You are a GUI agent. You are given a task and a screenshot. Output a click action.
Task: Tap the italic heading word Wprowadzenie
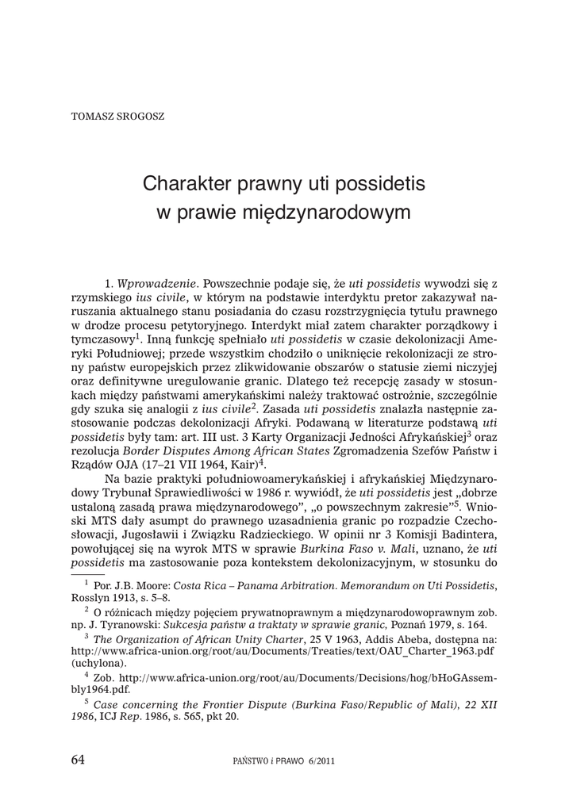click(x=154, y=283)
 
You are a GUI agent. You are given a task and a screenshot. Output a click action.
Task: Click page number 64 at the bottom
click(x=78, y=759)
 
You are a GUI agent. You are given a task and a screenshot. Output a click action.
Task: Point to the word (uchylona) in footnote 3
click(x=99, y=662)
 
